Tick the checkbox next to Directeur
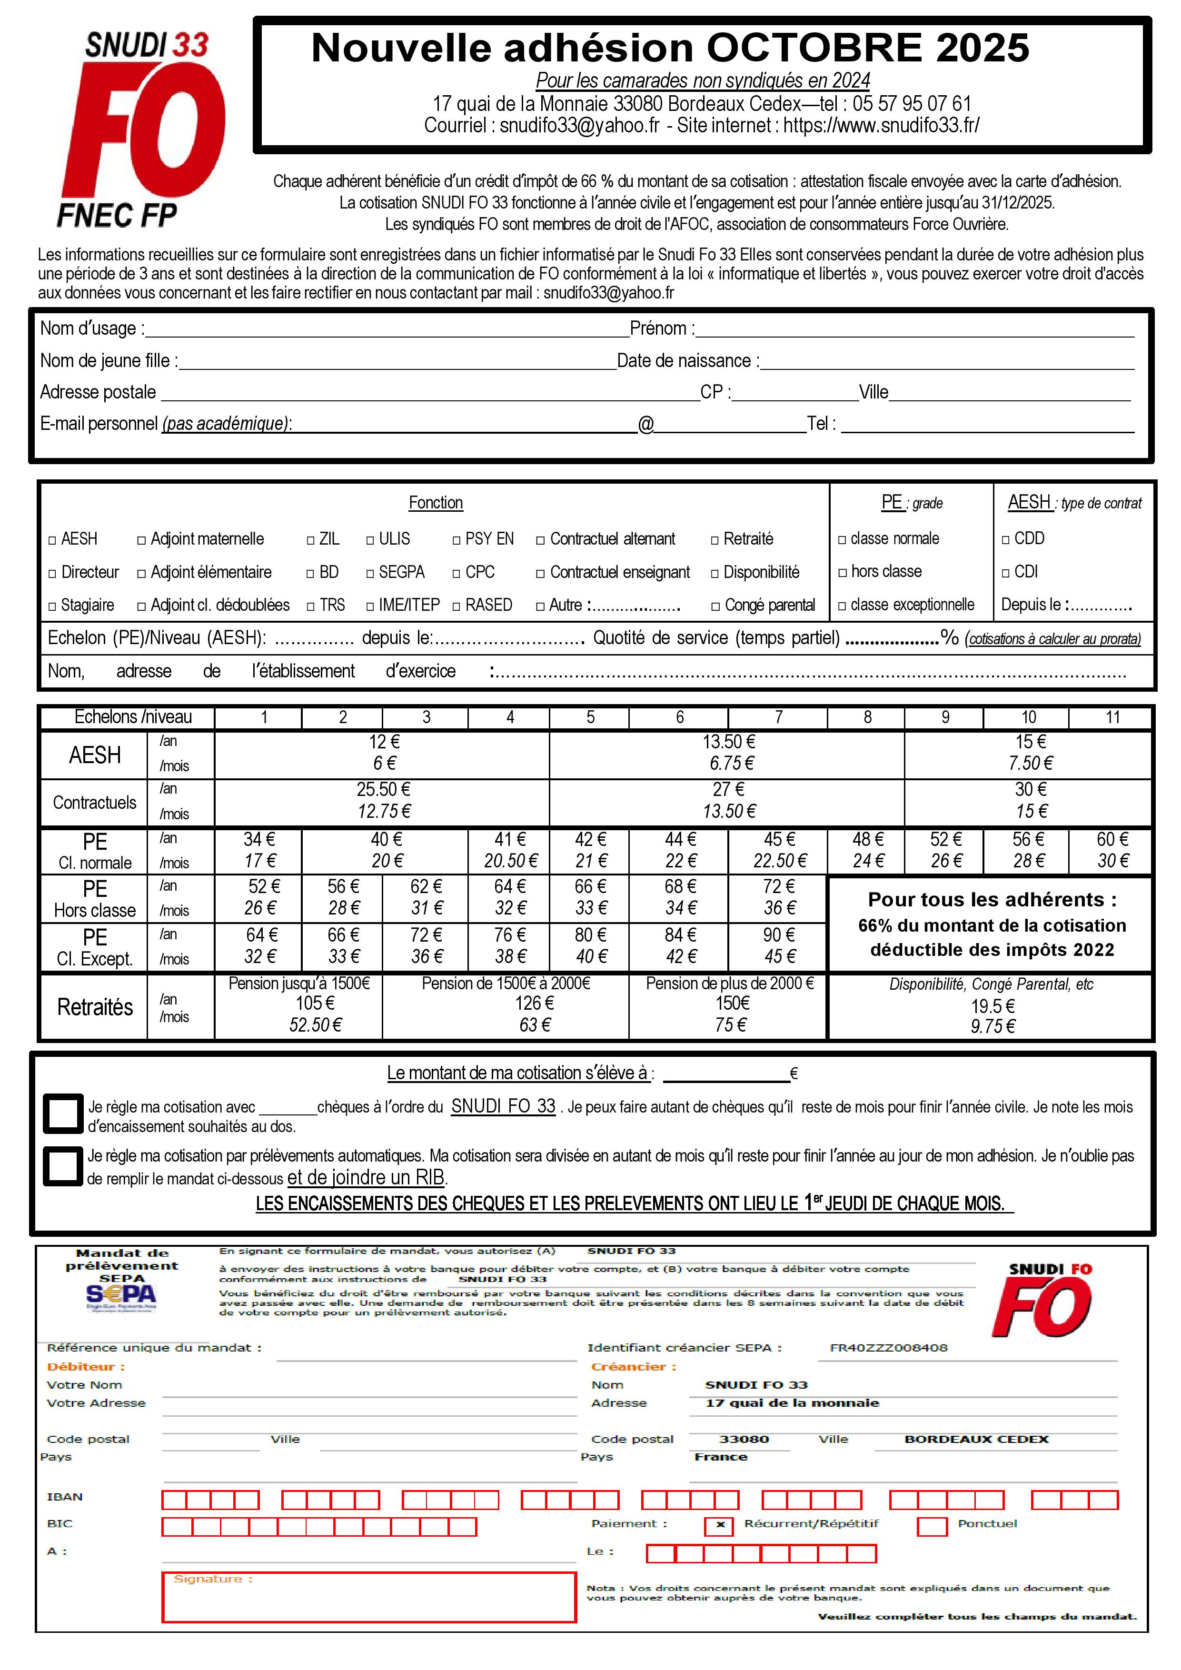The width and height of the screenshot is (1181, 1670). pos(52,574)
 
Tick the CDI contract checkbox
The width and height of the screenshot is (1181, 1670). pos(1006,573)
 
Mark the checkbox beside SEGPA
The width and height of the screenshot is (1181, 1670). pos(371,574)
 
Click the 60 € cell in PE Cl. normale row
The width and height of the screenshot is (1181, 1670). pos(1112,839)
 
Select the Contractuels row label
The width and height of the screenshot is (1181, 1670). pos(95,803)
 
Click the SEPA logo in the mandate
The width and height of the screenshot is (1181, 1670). pos(121,1295)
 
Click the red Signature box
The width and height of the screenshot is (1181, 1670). pos(369,1597)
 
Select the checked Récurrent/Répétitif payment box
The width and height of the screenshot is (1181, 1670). pos(719,1525)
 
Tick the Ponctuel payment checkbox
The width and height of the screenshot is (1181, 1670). pos(932,1525)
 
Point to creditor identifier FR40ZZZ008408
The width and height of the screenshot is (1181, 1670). pos(889,1348)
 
